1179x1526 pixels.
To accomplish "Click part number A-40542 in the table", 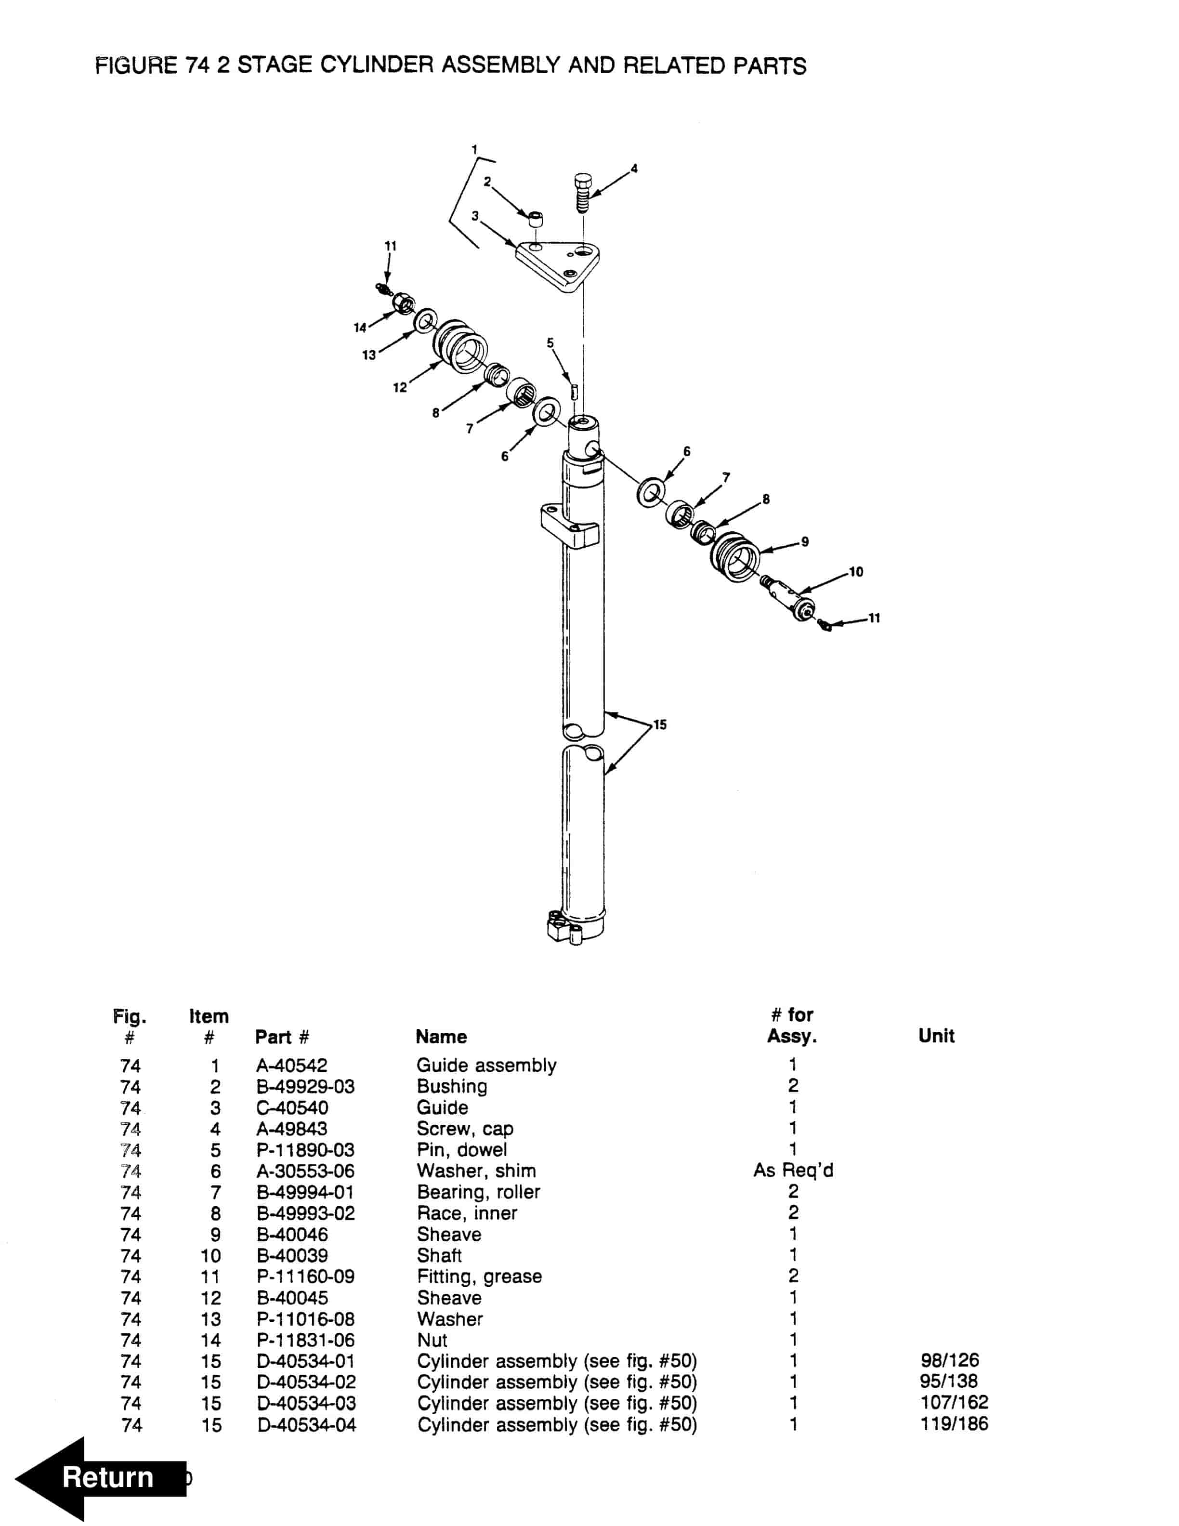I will [x=291, y=1066].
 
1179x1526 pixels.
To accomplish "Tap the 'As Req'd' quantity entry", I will [x=793, y=1171].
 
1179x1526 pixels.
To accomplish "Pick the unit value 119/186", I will [x=954, y=1424].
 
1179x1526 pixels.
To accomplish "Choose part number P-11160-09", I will [x=305, y=1276].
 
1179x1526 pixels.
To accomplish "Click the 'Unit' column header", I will [x=935, y=1036].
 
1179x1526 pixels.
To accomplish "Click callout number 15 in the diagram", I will [x=659, y=724].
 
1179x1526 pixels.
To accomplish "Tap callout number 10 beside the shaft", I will [x=856, y=572].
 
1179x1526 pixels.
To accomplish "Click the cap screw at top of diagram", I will [x=582, y=192].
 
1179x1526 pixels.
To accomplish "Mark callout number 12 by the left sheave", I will [x=400, y=387].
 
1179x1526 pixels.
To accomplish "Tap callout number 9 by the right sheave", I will [x=805, y=541].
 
